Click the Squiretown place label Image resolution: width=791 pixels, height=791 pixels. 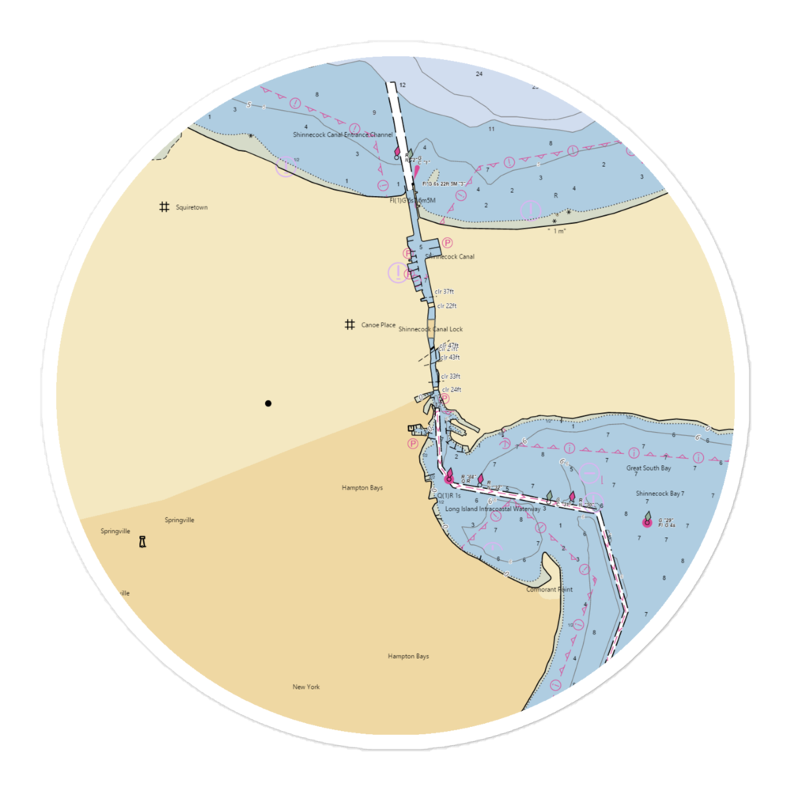tap(191, 207)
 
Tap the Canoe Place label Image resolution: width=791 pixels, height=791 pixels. tap(378, 325)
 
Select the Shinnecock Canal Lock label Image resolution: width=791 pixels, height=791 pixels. tap(430, 329)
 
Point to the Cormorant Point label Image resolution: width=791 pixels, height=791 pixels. tap(549, 589)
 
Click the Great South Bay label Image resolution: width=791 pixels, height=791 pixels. tap(648, 468)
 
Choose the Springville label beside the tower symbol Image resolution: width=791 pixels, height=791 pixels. tap(115, 532)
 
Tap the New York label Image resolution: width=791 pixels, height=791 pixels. tap(305, 687)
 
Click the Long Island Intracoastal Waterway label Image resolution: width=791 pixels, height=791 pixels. tap(492, 509)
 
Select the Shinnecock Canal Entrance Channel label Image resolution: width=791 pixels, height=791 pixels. tap(343, 135)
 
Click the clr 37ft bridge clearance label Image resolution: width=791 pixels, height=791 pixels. tap(445, 292)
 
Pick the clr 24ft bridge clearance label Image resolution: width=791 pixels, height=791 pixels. tap(451, 389)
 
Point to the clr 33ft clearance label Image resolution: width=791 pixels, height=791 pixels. tap(450, 377)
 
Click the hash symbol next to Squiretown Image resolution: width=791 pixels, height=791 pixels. tap(164, 207)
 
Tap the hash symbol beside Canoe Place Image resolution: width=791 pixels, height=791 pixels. tap(349, 324)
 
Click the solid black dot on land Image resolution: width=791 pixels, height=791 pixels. tap(268, 403)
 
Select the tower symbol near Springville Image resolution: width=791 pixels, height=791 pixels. tap(142, 542)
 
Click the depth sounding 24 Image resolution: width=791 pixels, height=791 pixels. tap(479, 74)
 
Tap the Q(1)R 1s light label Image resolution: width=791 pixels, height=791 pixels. tap(449, 495)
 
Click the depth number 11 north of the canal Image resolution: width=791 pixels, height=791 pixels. tap(491, 128)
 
